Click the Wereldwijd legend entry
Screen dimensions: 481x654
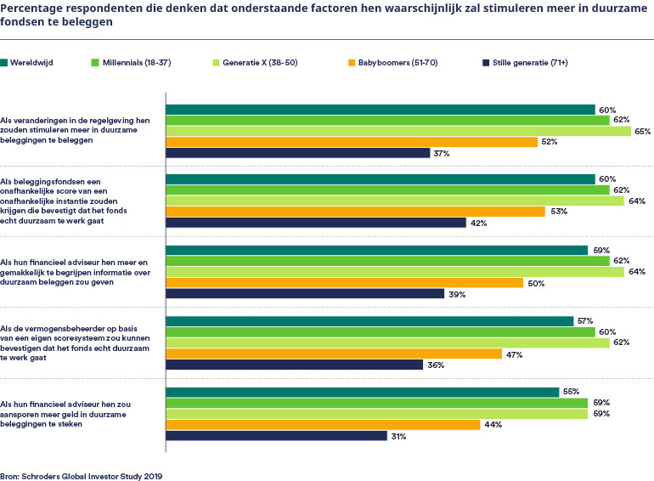coord(33,63)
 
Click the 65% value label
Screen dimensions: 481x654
coord(643,132)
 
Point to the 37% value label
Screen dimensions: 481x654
coord(441,154)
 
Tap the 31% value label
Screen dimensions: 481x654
coord(397,437)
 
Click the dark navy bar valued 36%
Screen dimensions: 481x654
coord(294,365)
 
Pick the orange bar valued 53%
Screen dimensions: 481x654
coord(354,212)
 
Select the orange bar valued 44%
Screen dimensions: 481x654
coord(323,425)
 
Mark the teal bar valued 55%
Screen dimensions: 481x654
coord(362,392)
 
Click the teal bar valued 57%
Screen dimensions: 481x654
coord(369,321)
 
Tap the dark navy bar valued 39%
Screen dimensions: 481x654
coord(304,294)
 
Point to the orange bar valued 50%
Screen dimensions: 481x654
coord(344,283)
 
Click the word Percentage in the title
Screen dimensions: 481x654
coord(34,8)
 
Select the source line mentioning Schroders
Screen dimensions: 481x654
coord(81,477)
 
